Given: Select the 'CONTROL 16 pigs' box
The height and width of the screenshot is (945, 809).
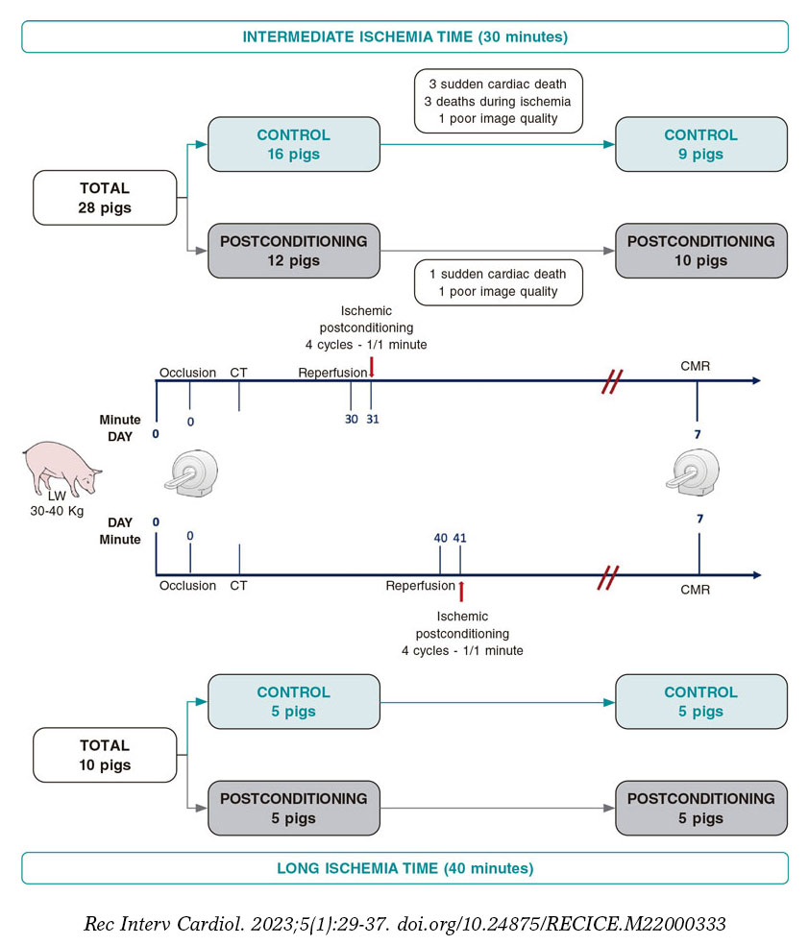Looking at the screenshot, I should (x=293, y=145).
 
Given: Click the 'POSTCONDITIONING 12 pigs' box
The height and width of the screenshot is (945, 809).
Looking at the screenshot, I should (x=293, y=252).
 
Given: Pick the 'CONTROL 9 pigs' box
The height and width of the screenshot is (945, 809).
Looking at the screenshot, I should (x=700, y=145).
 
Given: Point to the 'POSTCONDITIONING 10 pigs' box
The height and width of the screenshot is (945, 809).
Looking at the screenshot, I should (x=700, y=252).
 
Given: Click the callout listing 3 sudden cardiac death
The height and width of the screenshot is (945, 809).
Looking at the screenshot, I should (x=499, y=101).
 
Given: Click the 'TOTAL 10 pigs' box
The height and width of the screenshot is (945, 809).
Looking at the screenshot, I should (x=105, y=755).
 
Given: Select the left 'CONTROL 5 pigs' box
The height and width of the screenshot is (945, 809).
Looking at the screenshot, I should (x=293, y=702).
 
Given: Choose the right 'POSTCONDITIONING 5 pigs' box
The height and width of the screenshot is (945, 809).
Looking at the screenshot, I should (x=700, y=809).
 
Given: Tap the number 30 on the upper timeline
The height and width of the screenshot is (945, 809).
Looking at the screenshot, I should (x=351, y=420).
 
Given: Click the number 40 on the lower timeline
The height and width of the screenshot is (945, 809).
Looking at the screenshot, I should (x=440, y=538).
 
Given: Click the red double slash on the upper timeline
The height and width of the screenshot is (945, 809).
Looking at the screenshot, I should (x=609, y=381).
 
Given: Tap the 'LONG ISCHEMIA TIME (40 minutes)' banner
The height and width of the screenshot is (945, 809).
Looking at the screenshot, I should (x=404, y=868).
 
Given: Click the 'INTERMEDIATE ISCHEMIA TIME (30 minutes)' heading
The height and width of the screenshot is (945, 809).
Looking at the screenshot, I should (x=404, y=36).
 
